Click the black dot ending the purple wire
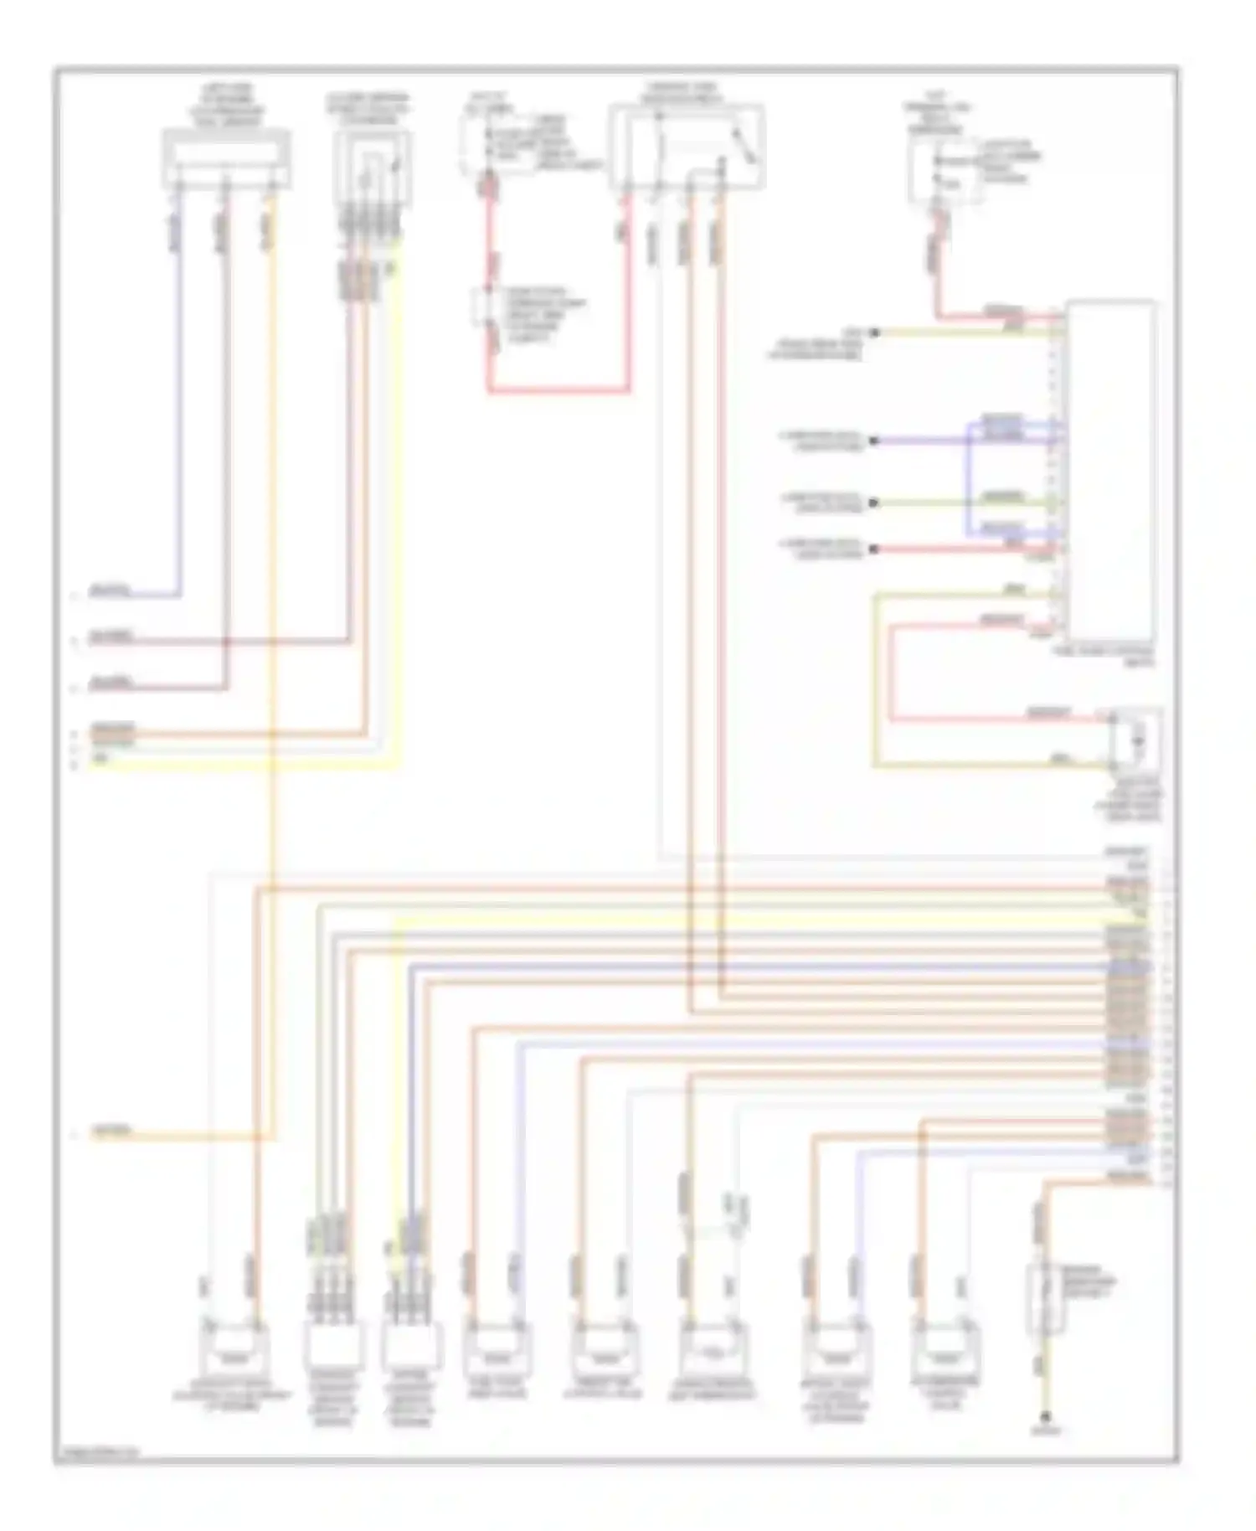[x=873, y=441]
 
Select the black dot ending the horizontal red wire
[x=873, y=549]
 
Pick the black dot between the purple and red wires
[x=873, y=503]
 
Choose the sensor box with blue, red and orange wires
[x=226, y=158]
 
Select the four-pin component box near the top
[x=372, y=168]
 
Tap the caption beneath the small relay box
[x=1134, y=800]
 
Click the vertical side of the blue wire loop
[x=969, y=477]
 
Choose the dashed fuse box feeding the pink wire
[x=946, y=172]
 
